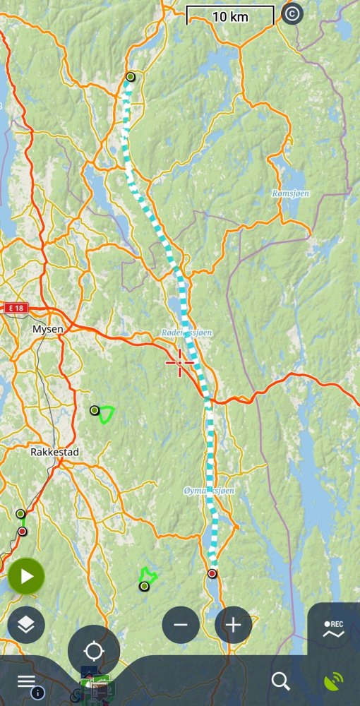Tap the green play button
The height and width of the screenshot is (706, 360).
tap(26, 576)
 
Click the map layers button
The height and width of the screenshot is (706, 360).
tap(26, 624)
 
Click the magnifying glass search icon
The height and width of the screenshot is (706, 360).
tap(280, 681)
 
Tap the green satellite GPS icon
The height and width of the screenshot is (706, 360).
tap(333, 681)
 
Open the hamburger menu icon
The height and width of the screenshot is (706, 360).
tap(26, 681)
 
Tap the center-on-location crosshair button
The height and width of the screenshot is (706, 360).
tap(93, 651)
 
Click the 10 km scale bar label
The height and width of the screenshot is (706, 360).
tap(230, 16)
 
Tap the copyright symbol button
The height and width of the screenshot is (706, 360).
tap(292, 13)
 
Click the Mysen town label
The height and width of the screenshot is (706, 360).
tap(47, 329)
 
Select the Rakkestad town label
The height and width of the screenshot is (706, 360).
tap(54, 451)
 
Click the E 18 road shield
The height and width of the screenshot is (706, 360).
tap(15, 309)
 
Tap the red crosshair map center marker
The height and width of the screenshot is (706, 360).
tap(180, 362)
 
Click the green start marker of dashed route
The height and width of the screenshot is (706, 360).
tap(130, 76)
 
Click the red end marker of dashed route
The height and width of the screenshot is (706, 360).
tap(212, 573)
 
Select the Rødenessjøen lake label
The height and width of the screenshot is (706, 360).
tap(186, 332)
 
